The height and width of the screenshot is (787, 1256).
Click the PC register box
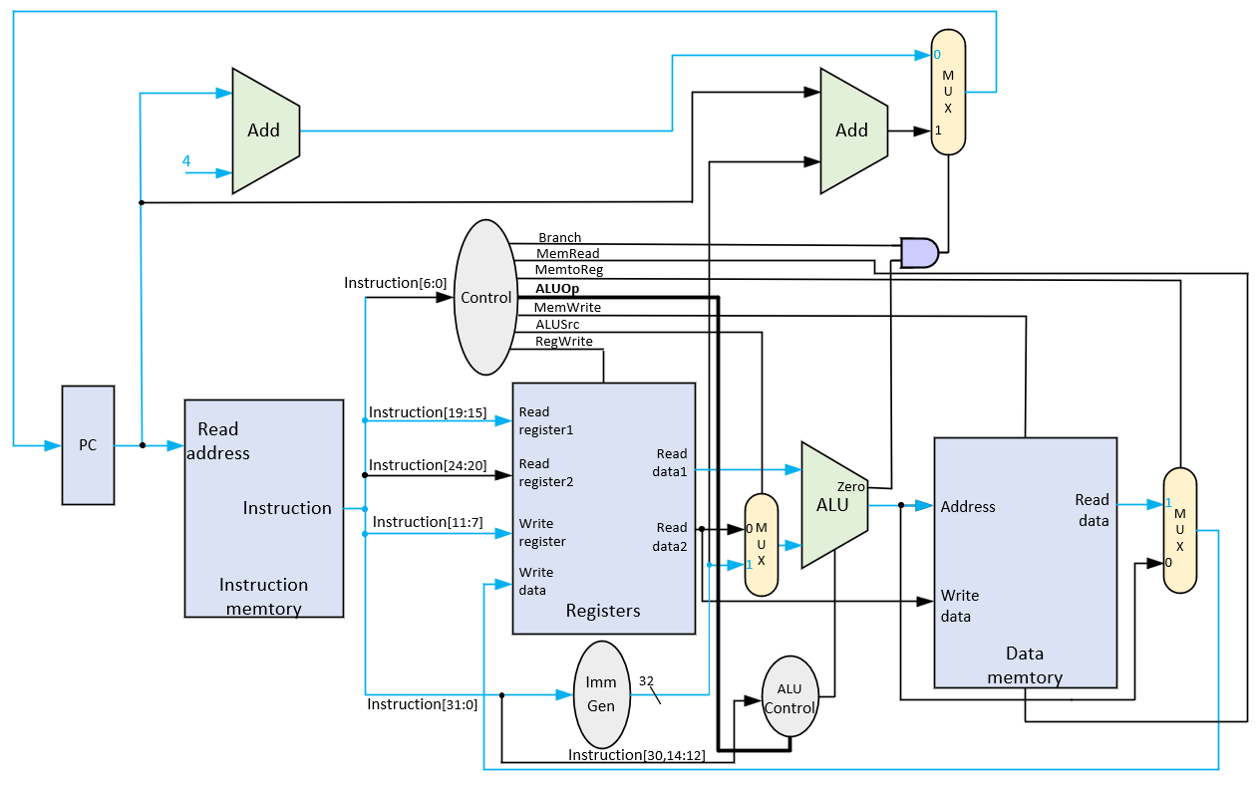coord(88,445)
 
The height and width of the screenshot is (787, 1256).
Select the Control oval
coord(485,297)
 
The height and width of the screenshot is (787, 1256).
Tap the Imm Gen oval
coord(602,694)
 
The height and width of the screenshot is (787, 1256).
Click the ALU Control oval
coord(790,696)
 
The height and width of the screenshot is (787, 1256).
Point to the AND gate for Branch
coord(919,253)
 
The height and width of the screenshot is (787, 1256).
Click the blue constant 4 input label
coord(186,160)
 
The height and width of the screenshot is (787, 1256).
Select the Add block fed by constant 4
coord(266,131)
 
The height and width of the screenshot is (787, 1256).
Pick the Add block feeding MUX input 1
coord(854,131)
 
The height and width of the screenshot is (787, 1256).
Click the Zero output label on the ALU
coord(850,486)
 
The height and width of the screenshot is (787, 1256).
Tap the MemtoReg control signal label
coord(568,270)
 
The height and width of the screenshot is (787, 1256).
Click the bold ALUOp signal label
coord(557,289)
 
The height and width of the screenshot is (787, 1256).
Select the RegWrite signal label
coord(563,342)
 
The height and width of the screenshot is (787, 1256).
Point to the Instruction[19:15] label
coord(428,412)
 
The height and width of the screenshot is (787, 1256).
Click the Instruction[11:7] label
coord(428,522)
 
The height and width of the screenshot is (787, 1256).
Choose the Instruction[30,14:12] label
coord(636,755)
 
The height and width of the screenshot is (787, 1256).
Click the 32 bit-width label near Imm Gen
coord(646,681)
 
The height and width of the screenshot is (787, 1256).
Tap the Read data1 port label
coord(670,462)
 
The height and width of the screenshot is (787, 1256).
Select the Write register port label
coord(542,533)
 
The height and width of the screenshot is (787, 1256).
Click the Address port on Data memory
coord(968,507)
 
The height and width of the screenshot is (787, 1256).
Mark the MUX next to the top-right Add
coord(948,92)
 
